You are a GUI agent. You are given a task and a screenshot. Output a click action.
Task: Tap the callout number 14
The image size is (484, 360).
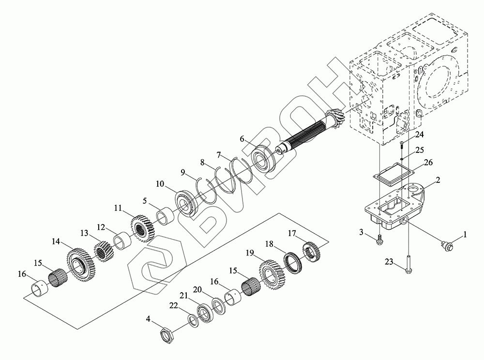(56, 241)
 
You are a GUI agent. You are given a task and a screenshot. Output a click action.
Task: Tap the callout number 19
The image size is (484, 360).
(250, 252)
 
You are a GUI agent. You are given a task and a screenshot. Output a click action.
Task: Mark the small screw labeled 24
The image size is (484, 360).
(402, 142)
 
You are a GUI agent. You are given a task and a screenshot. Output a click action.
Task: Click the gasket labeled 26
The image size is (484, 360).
(393, 172)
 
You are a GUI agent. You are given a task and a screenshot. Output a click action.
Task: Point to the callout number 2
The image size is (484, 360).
(437, 180)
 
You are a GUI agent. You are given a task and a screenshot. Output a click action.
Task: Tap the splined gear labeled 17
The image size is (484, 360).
(312, 251)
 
